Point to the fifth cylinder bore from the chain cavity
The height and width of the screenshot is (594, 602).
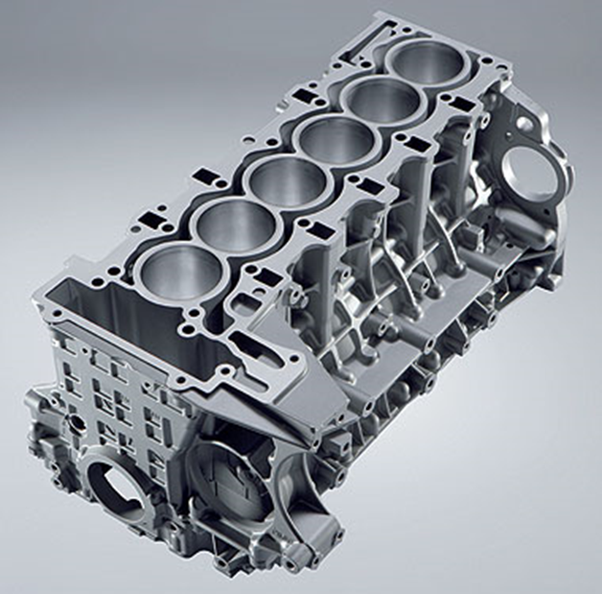[378, 102]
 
